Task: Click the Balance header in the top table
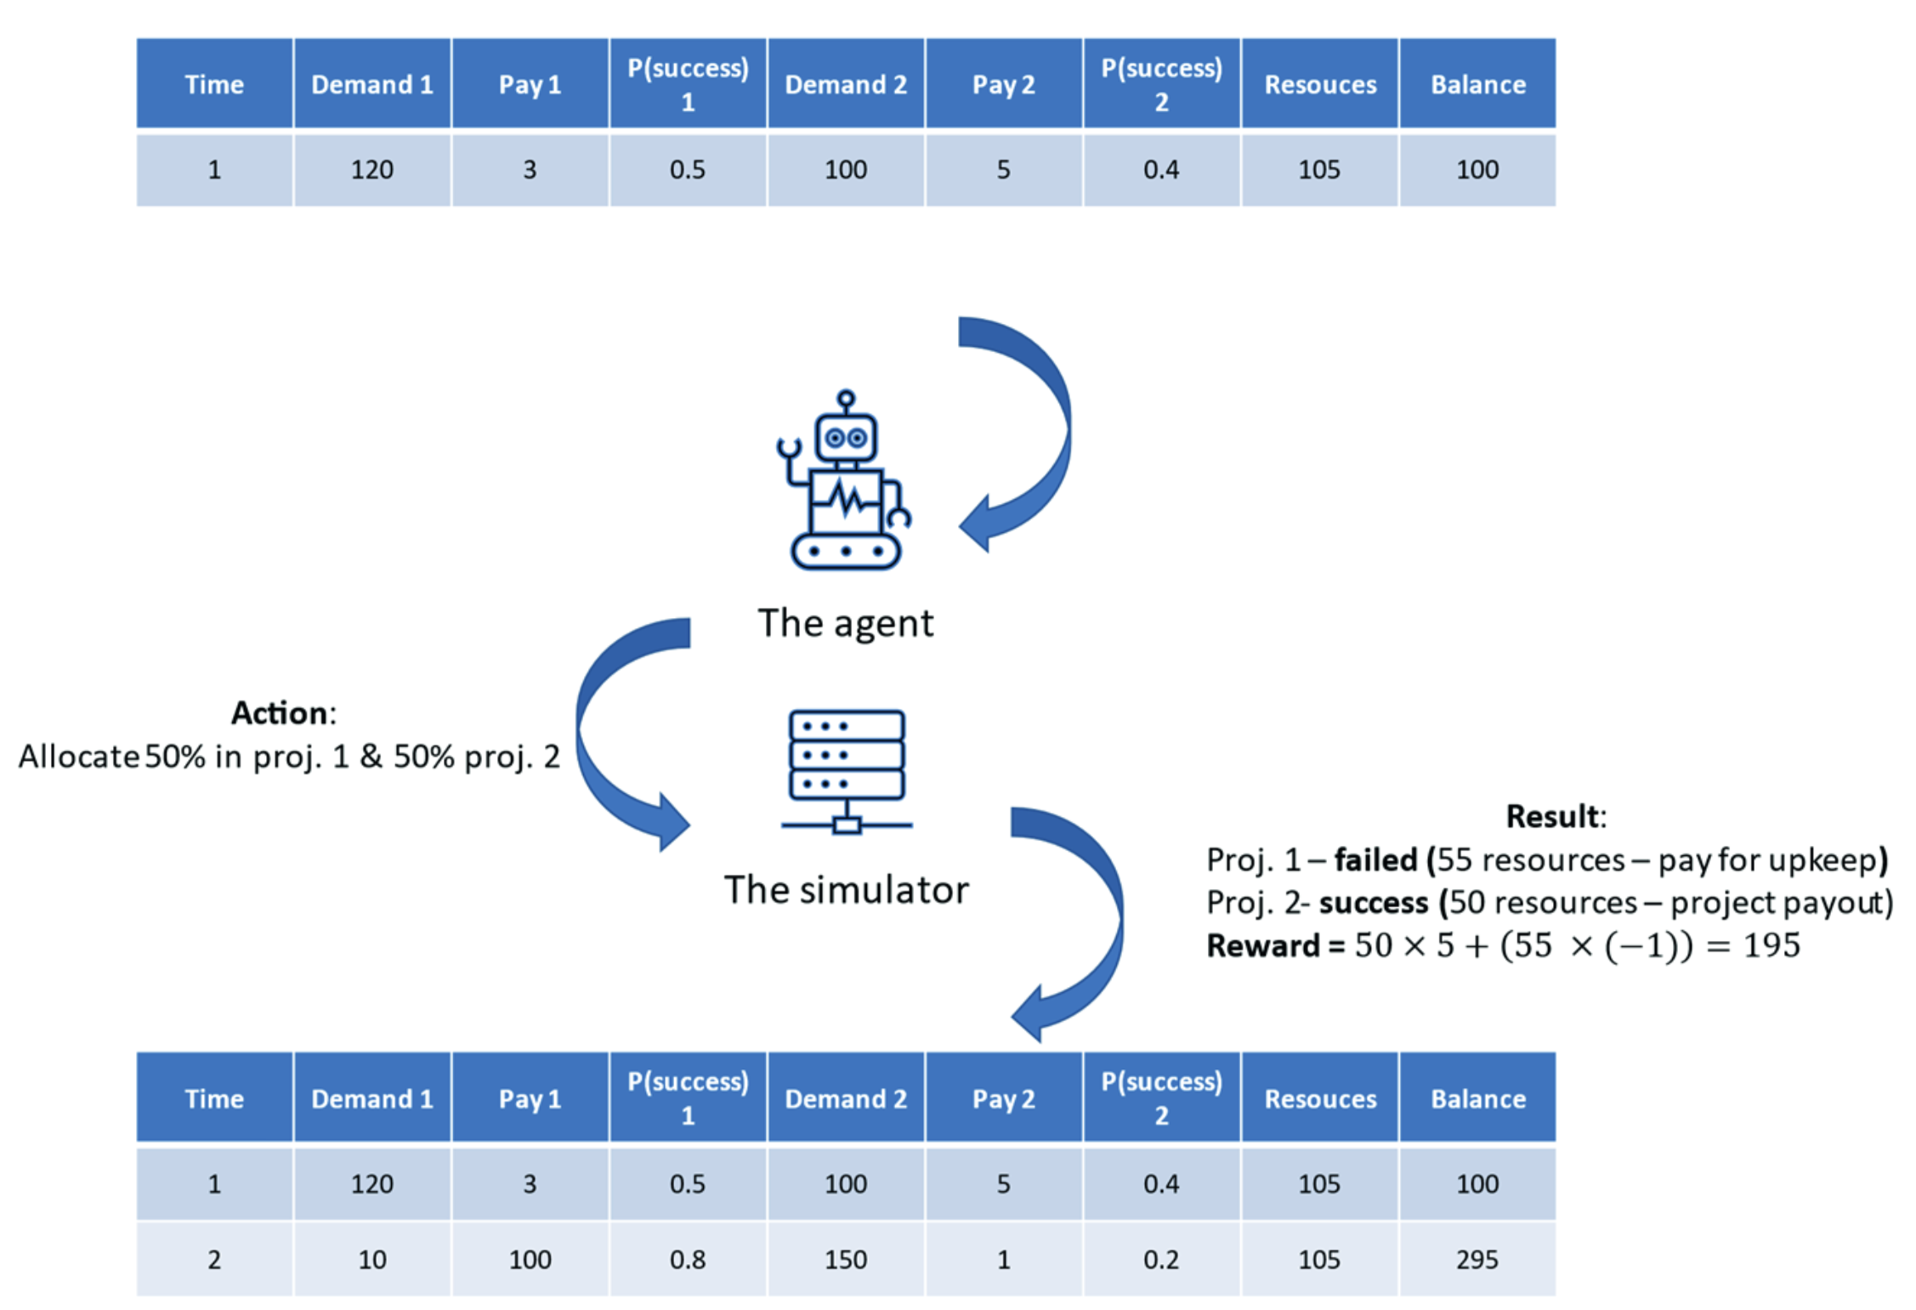[1477, 84]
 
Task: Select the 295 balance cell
[1477, 1259]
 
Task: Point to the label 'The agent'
[845, 623]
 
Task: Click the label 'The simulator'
[846, 890]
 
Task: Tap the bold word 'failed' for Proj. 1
[1375, 860]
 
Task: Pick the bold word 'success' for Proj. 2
[1372, 903]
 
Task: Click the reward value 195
[1771, 945]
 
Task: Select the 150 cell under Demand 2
[845, 1259]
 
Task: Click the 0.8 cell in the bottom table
[687, 1259]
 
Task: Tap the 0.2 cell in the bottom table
[1161, 1259]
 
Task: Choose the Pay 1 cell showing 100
[530, 1259]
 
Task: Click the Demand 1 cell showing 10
[371, 1259]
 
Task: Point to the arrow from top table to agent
[1033, 434]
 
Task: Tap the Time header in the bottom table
[214, 1098]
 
